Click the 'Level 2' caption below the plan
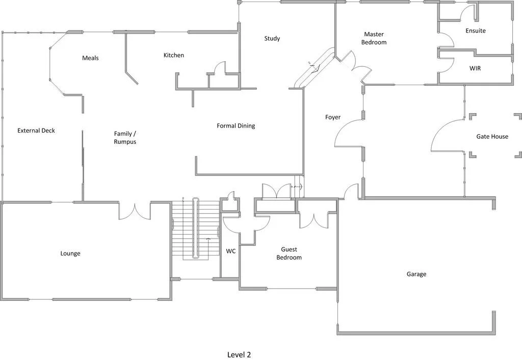coord(239,354)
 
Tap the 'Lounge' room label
coord(70,253)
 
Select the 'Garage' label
coord(416,274)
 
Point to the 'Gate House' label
coord(492,137)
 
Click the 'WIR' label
coord(475,68)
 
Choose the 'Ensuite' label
coord(475,31)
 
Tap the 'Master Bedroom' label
coord(374,38)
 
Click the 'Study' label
coord(272,39)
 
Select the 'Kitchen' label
coord(173,55)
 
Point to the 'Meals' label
coord(90,58)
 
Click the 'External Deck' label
coord(36,131)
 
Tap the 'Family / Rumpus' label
coord(125,138)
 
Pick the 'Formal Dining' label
coord(236,126)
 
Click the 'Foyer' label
coord(332,117)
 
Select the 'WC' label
coord(230,251)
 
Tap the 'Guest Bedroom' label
coord(289,253)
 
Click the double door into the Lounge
coord(135,211)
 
